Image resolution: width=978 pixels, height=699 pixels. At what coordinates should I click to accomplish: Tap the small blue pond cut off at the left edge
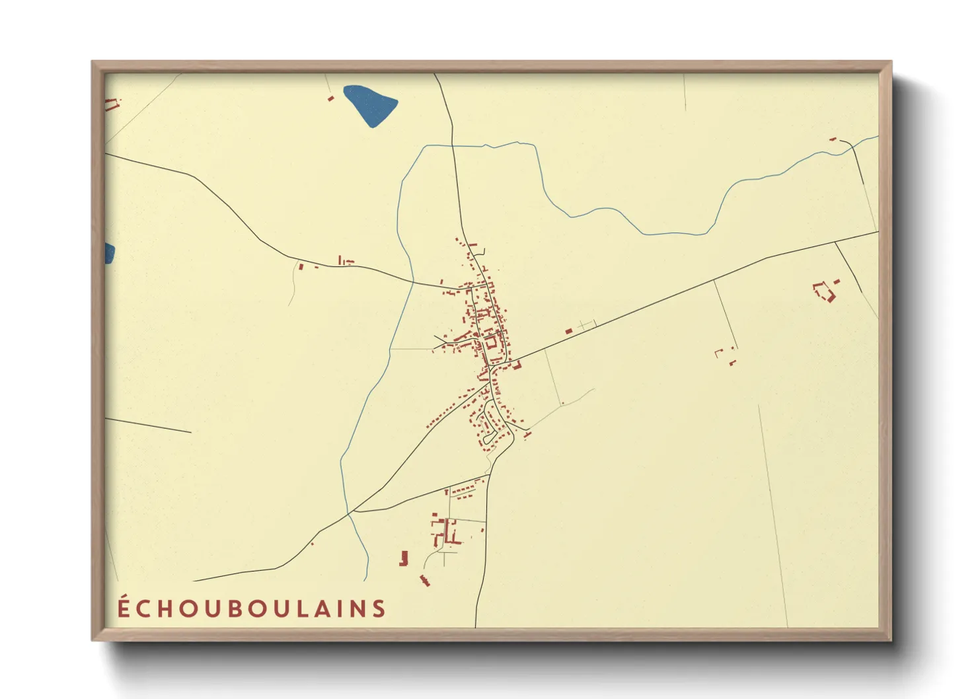pyautogui.click(x=109, y=253)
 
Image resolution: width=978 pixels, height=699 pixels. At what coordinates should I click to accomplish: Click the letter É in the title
pyautogui.click(x=124, y=607)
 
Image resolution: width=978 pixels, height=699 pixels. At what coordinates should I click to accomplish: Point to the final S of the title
pyautogui.click(x=379, y=608)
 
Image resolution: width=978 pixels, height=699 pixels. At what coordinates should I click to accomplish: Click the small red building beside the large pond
pyautogui.click(x=331, y=98)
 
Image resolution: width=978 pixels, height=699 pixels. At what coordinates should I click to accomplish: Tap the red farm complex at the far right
pyautogui.click(x=825, y=291)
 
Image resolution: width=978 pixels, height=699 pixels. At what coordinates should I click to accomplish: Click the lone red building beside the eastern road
pyautogui.click(x=568, y=331)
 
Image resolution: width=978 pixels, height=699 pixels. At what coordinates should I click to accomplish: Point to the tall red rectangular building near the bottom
pyautogui.click(x=404, y=558)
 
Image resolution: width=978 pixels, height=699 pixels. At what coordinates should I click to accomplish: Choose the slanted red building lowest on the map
pyautogui.click(x=424, y=581)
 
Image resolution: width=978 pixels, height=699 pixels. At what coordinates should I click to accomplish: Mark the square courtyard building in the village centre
pyautogui.click(x=491, y=342)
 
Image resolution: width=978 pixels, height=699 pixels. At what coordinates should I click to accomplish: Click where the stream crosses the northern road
pyautogui.click(x=454, y=145)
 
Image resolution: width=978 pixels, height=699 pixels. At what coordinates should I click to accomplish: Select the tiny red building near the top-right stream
pyautogui.click(x=833, y=139)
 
